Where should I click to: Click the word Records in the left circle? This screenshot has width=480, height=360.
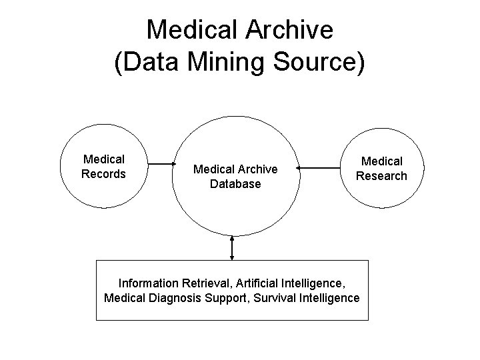[103, 174]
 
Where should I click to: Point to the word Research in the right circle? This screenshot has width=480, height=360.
[381, 176]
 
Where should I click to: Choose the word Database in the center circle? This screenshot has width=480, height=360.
[235, 183]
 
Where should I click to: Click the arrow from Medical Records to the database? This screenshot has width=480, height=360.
[161, 164]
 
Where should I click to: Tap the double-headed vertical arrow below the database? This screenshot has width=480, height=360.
[231, 247]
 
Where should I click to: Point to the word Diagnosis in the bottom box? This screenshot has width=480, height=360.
[175, 297]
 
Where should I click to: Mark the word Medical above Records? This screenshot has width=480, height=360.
[103, 159]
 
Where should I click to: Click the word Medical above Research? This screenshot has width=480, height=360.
[381, 161]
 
